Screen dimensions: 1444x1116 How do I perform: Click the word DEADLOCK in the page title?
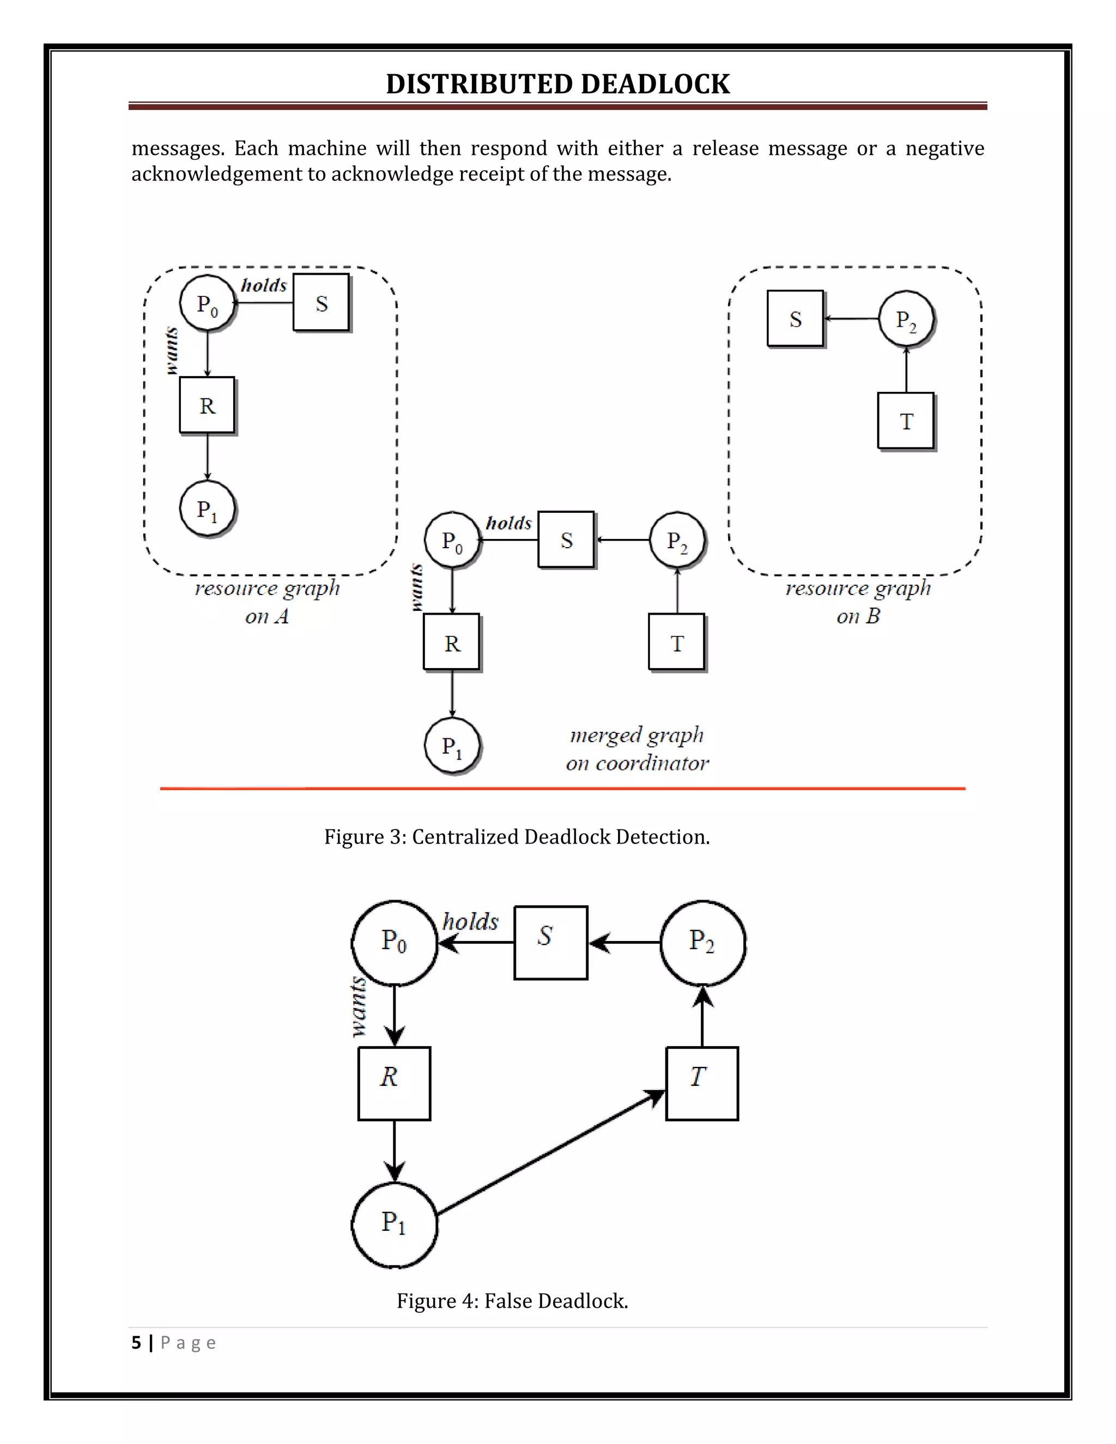click(655, 84)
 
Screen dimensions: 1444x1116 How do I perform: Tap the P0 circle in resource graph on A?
click(208, 304)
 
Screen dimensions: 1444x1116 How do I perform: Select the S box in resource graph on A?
click(322, 303)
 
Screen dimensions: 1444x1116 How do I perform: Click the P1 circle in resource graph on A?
click(208, 509)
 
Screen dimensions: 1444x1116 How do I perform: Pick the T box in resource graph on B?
click(906, 421)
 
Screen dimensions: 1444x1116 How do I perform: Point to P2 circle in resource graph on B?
click(906, 319)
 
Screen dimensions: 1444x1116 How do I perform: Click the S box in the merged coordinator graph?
click(567, 540)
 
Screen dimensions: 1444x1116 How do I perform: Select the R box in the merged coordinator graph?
click(452, 642)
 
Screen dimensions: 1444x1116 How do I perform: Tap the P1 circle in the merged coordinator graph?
click(452, 746)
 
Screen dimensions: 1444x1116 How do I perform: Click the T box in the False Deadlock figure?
click(701, 1084)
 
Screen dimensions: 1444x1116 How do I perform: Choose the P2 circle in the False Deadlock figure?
click(703, 942)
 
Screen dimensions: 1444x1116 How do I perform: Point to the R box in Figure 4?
click(394, 1084)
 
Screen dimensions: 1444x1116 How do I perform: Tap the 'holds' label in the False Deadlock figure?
click(470, 921)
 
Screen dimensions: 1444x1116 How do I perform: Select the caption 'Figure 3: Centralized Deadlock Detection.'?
click(517, 837)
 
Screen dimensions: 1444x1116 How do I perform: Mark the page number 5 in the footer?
click(136, 1342)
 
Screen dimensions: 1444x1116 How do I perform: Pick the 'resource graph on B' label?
click(858, 602)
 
